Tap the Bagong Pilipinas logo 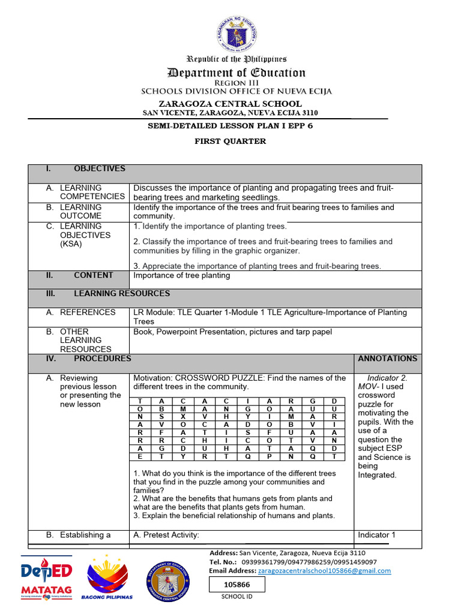(x=109, y=577)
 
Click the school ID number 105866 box (x=237, y=584)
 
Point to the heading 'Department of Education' (x=236, y=73)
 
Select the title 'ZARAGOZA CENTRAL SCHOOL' (x=230, y=104)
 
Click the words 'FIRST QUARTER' (x=230, y=142)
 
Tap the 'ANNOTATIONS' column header (x=387, y=359)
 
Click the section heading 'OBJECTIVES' (x=100, y=169)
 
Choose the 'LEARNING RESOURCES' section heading (x=122, y=294)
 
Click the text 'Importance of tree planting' (x=181, y=276)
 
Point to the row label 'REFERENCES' (x=88, y=312)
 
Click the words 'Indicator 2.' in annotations (x=387, y=378)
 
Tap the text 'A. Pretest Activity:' (x=166, y=535)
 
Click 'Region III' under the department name (x=236, y=83)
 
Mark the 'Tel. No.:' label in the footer (x=224, y=562)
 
